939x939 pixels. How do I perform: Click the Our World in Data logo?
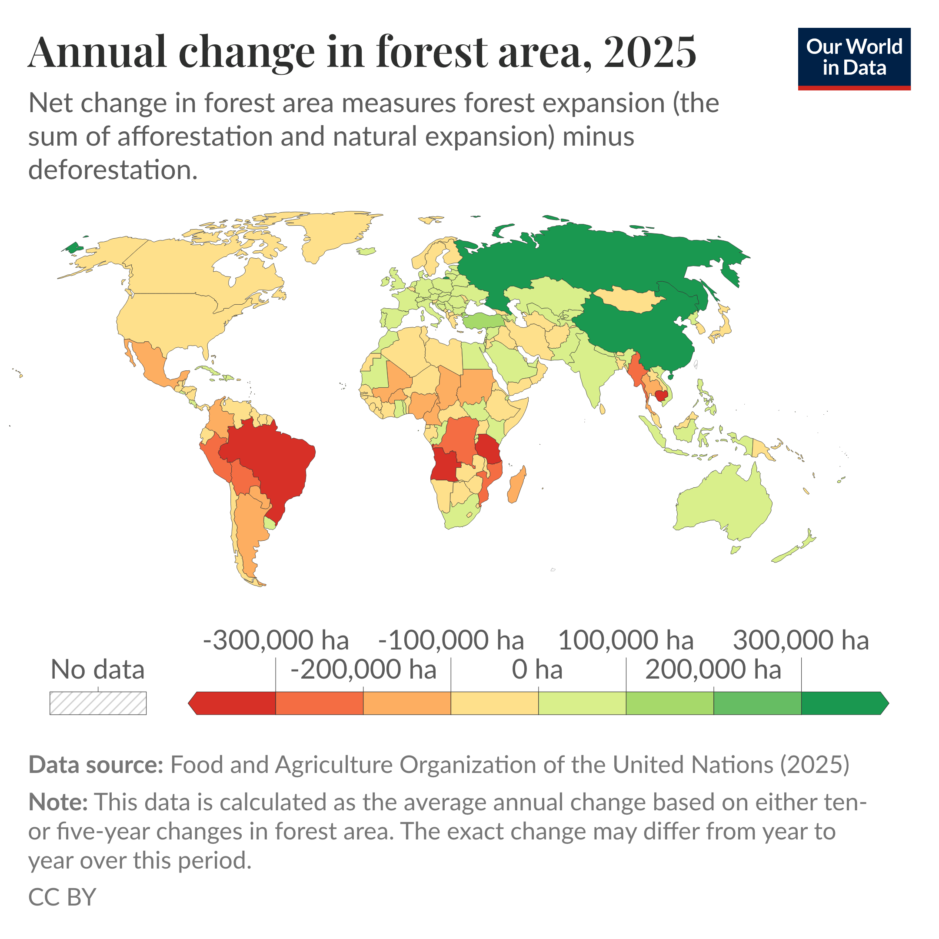(x=854, y=58)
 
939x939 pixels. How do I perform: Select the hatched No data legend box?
(x=98, y=703)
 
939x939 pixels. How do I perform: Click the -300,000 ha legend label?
(x=276, y=641)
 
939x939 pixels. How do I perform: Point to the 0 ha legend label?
(x=537, y=670)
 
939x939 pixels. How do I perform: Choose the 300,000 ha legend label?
(x=800, y=641)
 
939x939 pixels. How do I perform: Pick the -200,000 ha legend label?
(x=363, y=670)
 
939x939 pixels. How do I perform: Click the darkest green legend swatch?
(x=843, y=703)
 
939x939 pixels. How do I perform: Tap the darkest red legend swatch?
(x=233, y=703)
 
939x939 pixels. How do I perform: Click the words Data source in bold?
(x=96, y=765)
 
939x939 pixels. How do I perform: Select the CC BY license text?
(x=62, y=897)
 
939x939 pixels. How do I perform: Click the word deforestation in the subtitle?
(x=113, y=170)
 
